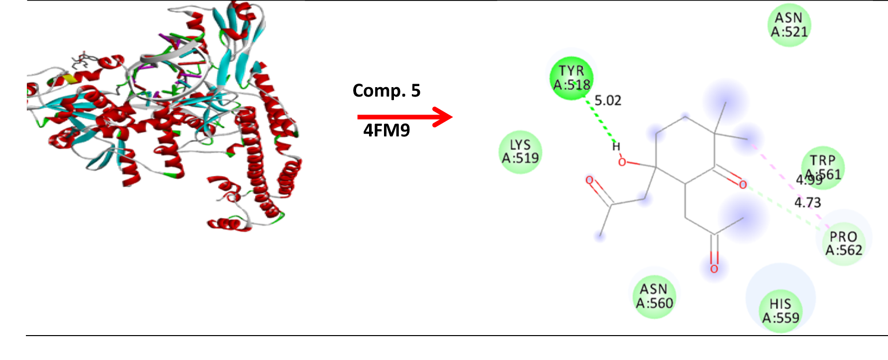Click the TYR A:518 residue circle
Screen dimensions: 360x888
571,78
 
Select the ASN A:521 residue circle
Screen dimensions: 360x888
789,25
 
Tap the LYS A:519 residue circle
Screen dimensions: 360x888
520,152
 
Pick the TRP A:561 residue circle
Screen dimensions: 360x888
823,167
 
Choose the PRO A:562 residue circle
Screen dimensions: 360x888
843,243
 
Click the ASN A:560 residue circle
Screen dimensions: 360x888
654,296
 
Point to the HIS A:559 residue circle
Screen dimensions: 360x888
780,311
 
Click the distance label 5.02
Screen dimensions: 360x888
608,101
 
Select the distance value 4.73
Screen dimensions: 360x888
807,203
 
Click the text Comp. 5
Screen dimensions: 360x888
386,91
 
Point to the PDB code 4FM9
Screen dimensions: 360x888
386,130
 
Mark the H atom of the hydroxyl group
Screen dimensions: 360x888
616,146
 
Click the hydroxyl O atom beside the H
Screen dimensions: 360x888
622,162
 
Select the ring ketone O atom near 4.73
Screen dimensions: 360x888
743,185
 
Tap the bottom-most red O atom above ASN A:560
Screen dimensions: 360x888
714,269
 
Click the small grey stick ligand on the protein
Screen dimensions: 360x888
82,61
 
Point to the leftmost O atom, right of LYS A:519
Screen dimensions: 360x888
590,180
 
